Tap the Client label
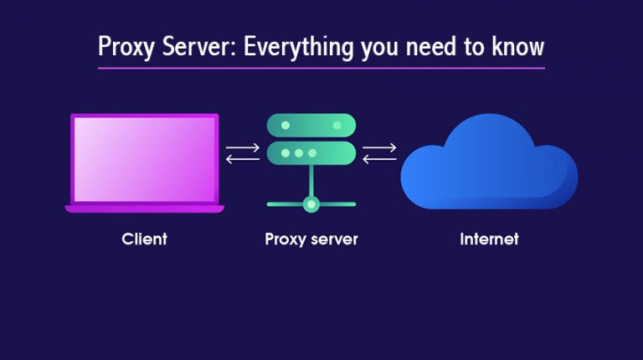144,239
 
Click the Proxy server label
311,239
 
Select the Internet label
489,239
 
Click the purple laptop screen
144,159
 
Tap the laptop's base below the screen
144,208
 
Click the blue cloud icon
489,167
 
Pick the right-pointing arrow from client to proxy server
243,147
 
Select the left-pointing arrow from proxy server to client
243,159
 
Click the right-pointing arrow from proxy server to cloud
379,147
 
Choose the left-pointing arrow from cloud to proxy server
379,159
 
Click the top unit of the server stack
311,125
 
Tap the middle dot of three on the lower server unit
299,153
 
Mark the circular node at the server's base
311,203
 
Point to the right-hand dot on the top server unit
337,125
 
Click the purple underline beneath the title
321,68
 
